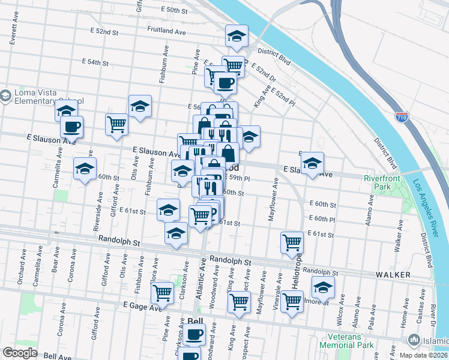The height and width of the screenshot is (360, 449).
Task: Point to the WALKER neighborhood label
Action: (x=393, y=274)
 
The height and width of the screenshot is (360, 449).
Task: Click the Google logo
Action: (x=20, y=353)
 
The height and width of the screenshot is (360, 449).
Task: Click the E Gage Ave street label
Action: (x=142, y=306)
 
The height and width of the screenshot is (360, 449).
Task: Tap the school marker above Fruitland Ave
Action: (x=237, y=37)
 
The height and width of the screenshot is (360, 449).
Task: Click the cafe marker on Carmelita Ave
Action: (x=71, y=126)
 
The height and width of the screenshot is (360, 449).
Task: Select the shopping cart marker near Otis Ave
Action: (x=116, y=124)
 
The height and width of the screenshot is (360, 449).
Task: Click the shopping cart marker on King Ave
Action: (x=239, y=301)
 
